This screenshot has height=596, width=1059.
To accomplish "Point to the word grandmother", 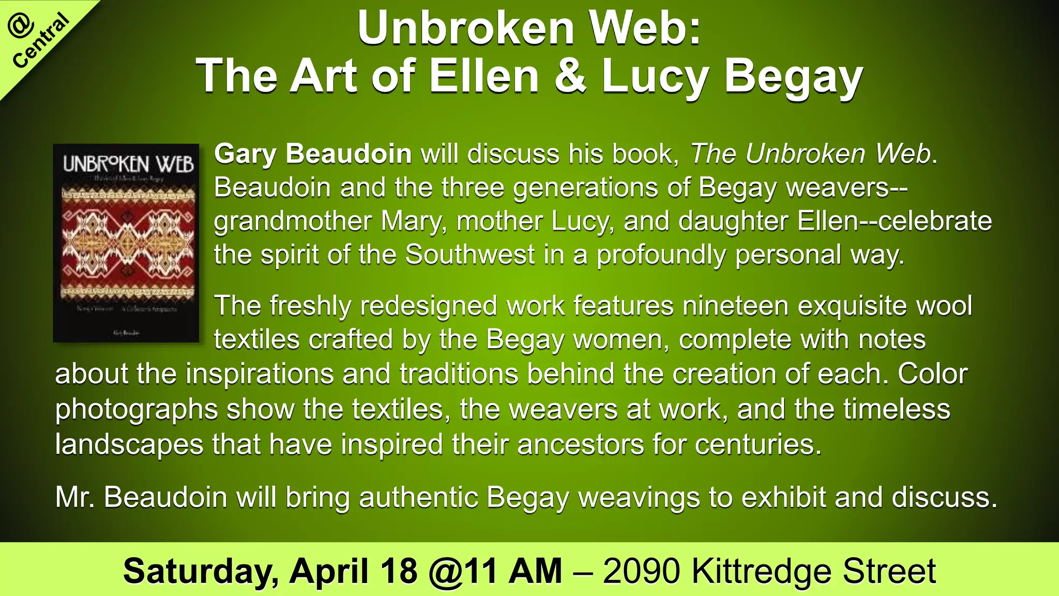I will tap(293, 221).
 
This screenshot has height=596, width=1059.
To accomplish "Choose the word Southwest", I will tap(470, 255).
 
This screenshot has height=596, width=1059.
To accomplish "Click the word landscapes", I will tap(129, 444).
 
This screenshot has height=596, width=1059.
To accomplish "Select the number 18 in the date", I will tap(399, 571).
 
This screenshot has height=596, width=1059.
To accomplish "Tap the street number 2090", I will tap(641, 571).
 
